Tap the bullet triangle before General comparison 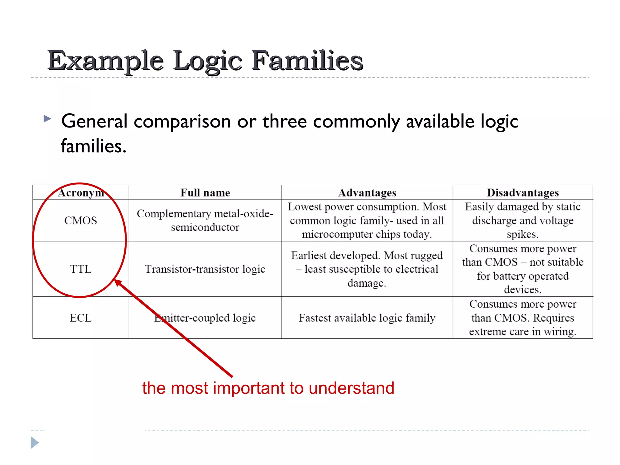pos(47,118)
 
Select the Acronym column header pos(81,193)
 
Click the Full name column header pos(205,193)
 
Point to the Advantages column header pos(367,193)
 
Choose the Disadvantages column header pos(523,193)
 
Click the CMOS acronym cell pos(81,220)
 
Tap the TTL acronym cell pos(81,269)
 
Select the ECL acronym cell pos(81,318)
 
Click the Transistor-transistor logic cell pos(205,269)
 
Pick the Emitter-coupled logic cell pos(205,318)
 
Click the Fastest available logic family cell pos(367,318)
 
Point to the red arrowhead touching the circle pos(118,283)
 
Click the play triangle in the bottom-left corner pos(35,443)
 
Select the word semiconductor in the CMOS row pos(205,227)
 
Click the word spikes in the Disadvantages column pos(522,234)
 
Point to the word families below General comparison pos(93,146)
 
